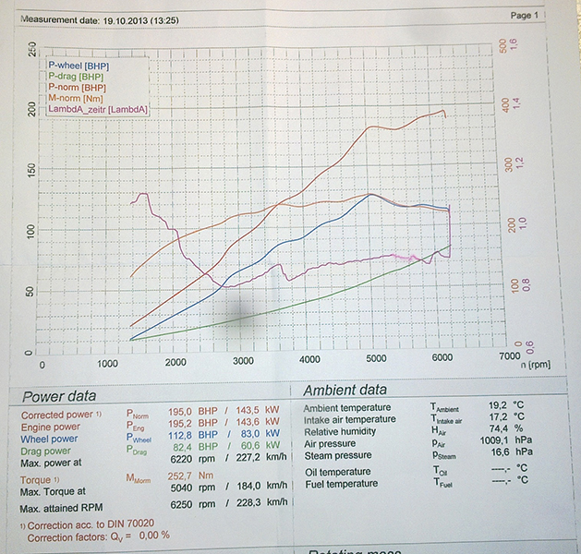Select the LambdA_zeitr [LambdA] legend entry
100,110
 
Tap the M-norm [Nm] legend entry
77,99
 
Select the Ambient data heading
346,391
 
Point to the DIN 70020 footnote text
101,524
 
